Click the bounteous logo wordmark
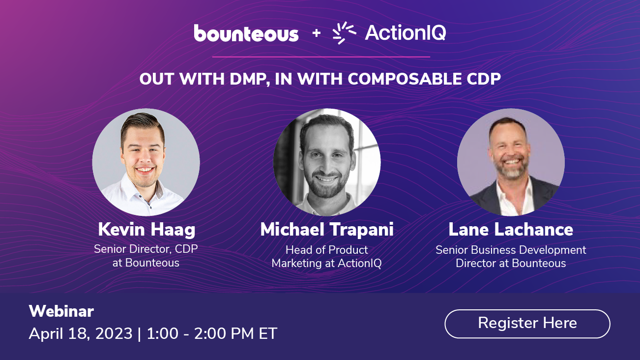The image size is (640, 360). click(x=246, y=33)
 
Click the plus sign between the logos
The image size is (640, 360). click(x=316, y=33)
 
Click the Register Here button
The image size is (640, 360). click(x=527, y=324)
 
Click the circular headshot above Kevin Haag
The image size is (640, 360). click(x=146, y=162)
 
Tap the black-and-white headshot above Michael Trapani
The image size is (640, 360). click(x=327, y=162)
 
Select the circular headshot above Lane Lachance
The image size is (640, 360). click(x=511, y=162)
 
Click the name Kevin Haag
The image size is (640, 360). click(x=146, y=230)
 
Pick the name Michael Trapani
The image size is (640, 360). click(x=327, y=230)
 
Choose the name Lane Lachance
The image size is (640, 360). click(x=511, y=230)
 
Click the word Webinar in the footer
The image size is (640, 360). click(x=61, y=311)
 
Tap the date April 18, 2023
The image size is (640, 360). click(x=81, y=333)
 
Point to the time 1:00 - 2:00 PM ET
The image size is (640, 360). click(x=212, y=333)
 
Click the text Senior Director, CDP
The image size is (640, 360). click(x=146, y=249)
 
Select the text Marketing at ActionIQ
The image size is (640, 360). click(x=327, y=263)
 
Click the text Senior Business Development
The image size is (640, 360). click(x=511, y=250)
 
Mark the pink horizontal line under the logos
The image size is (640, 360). click(x=321, y=57)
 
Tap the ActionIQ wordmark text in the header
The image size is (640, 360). click(x=406, y=33)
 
